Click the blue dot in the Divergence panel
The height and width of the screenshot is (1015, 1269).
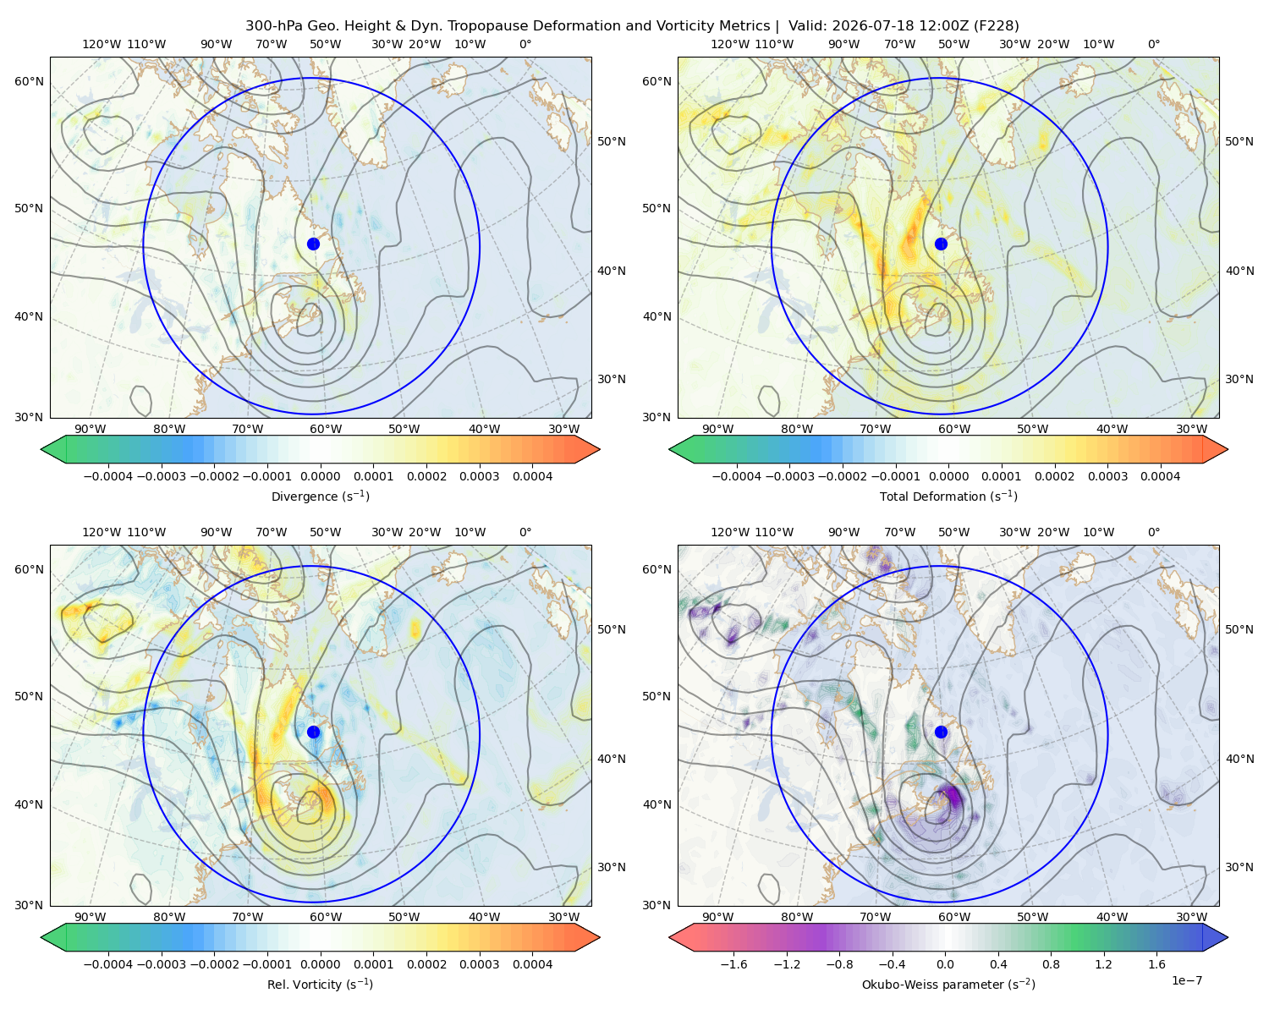point(313,244)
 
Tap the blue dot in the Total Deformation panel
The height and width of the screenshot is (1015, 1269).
point(941,244)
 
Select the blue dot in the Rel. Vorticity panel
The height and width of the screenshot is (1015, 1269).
point(313,732)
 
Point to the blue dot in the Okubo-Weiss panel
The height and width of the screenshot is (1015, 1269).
point(941,732)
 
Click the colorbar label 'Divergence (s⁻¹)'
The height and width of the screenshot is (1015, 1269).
point(320,496)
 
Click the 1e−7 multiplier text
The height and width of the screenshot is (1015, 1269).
point(1186,980)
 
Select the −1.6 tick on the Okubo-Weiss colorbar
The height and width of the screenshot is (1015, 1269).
point(733,963)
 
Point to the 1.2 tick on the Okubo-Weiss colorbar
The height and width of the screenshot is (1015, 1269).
point(1103,963)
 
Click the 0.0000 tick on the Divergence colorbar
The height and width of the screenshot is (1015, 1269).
point(320,476)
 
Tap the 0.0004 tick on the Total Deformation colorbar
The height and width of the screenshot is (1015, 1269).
point(1160,476)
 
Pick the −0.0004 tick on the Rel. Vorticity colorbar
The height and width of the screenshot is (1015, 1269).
point(108,963)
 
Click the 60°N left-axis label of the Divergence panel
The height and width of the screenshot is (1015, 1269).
point(29,81)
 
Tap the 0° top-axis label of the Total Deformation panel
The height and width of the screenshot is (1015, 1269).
point(1153,44)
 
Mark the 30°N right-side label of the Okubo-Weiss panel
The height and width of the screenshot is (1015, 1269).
point(1239,866)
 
